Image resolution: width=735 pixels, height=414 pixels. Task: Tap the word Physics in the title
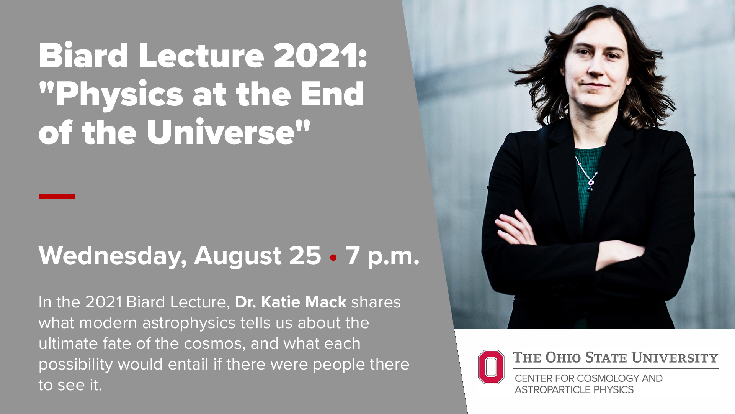[x=119, y=95]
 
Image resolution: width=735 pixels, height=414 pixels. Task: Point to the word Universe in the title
[x=220, y=132]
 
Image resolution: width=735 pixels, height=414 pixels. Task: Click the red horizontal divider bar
[x=57, y=196]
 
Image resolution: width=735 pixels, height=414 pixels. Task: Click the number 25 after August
[x=305, y=255]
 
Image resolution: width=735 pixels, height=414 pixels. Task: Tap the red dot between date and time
[x=333, y=258]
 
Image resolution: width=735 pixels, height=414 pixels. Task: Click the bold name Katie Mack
[x=304, y=302]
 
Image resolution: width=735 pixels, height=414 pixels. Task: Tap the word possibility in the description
[x=76, y=365]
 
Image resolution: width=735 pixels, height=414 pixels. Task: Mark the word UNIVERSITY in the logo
[x=675, y=358]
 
